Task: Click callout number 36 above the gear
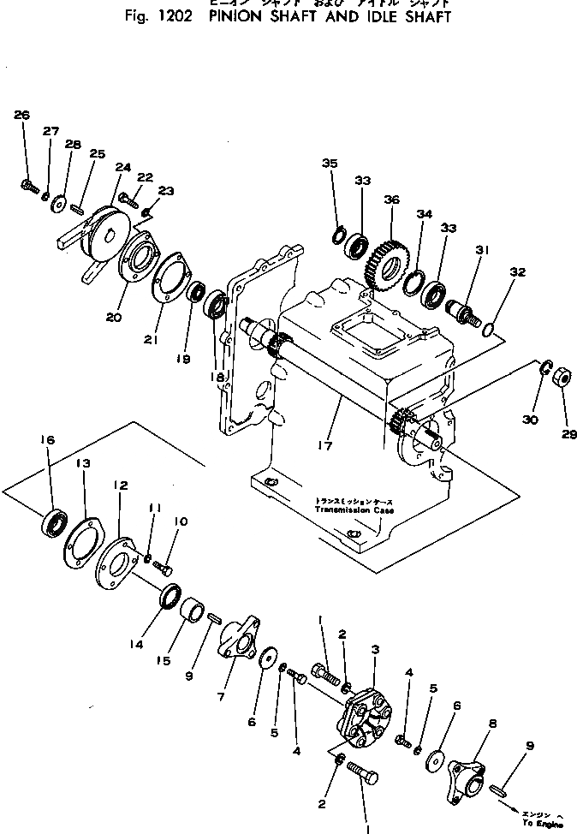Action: click(x=391, y=200)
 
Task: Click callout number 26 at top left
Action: click(x=22, y=115)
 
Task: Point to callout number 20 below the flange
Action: click(x=115, y=316)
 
